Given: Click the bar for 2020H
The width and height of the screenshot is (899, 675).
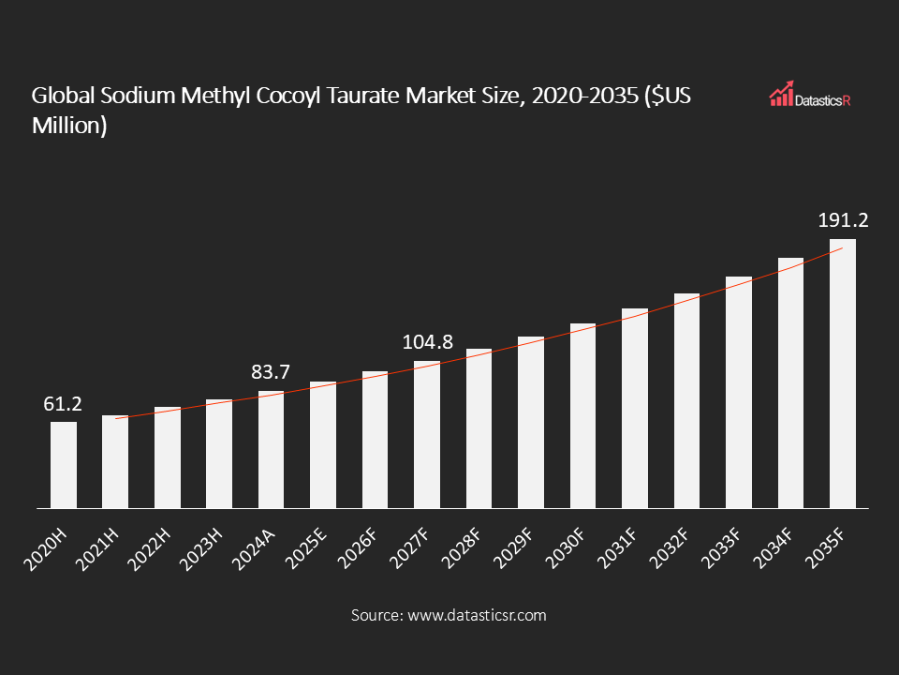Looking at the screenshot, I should tap(64, 465).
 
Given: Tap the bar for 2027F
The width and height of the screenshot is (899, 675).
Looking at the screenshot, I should tap(427, 435).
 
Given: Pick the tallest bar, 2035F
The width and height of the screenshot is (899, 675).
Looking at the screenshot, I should tap(842, 374).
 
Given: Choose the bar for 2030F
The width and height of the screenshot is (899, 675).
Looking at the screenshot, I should tap(582, 416).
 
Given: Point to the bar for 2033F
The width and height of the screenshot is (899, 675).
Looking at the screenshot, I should tap(738, 393).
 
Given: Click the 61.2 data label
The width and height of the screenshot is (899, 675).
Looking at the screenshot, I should tap(64, 404).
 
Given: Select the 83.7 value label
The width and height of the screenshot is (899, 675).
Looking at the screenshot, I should tap(272, 373).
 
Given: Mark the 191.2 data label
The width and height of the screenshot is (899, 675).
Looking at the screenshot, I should tap(842, 221).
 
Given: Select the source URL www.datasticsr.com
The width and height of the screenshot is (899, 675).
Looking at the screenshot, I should tap(476, 616).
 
